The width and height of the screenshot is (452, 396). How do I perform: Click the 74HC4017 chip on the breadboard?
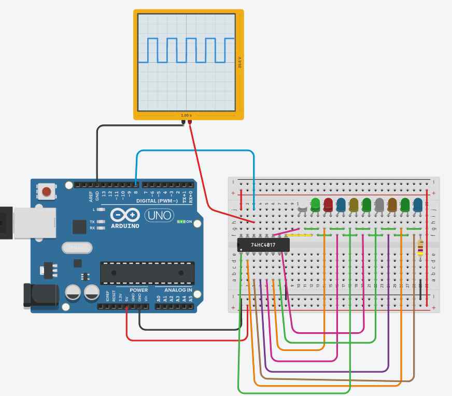[263, 245]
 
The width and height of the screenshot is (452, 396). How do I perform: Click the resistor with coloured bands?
[420, 248]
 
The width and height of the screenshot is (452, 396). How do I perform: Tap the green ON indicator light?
[181, 221]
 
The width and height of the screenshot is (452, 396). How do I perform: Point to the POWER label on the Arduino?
[138, 290]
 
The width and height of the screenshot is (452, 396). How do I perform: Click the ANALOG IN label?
[178, 290]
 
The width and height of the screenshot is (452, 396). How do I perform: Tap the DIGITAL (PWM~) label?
[157, 201]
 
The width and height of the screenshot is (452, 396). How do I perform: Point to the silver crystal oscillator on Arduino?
[76, 248]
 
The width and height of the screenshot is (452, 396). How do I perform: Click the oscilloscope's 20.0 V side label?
[239, 62]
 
